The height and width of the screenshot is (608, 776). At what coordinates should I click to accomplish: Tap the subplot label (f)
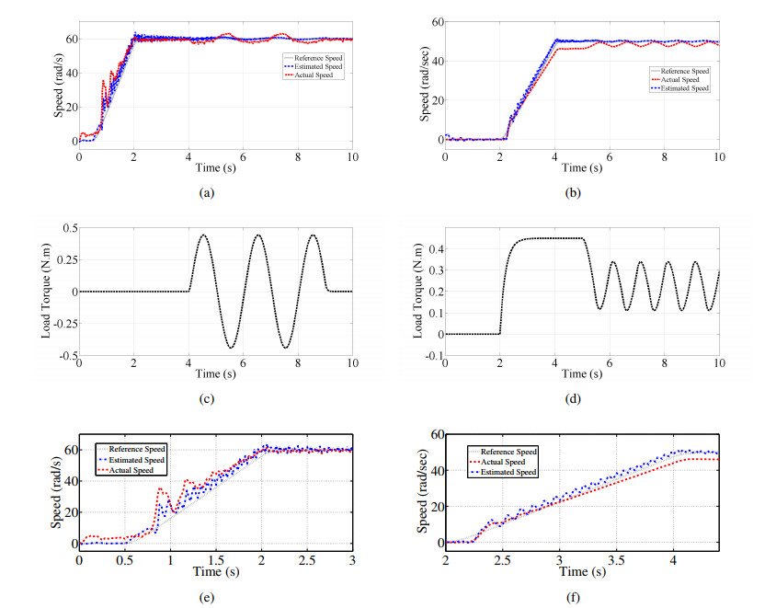click(581, 599)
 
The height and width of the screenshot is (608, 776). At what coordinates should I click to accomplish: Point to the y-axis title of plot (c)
click(47, 293)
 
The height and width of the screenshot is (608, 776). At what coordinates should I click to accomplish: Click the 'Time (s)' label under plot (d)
click(581, 373)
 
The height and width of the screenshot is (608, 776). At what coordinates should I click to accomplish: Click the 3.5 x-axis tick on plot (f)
click(617, 559)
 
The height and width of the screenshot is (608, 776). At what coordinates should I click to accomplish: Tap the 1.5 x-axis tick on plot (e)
click(215, 559)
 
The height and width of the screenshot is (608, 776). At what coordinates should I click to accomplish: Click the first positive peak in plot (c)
click(203, 235)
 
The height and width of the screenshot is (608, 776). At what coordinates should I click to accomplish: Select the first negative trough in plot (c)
click(231, 348)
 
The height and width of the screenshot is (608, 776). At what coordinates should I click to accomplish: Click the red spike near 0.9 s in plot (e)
click(160, 489)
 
